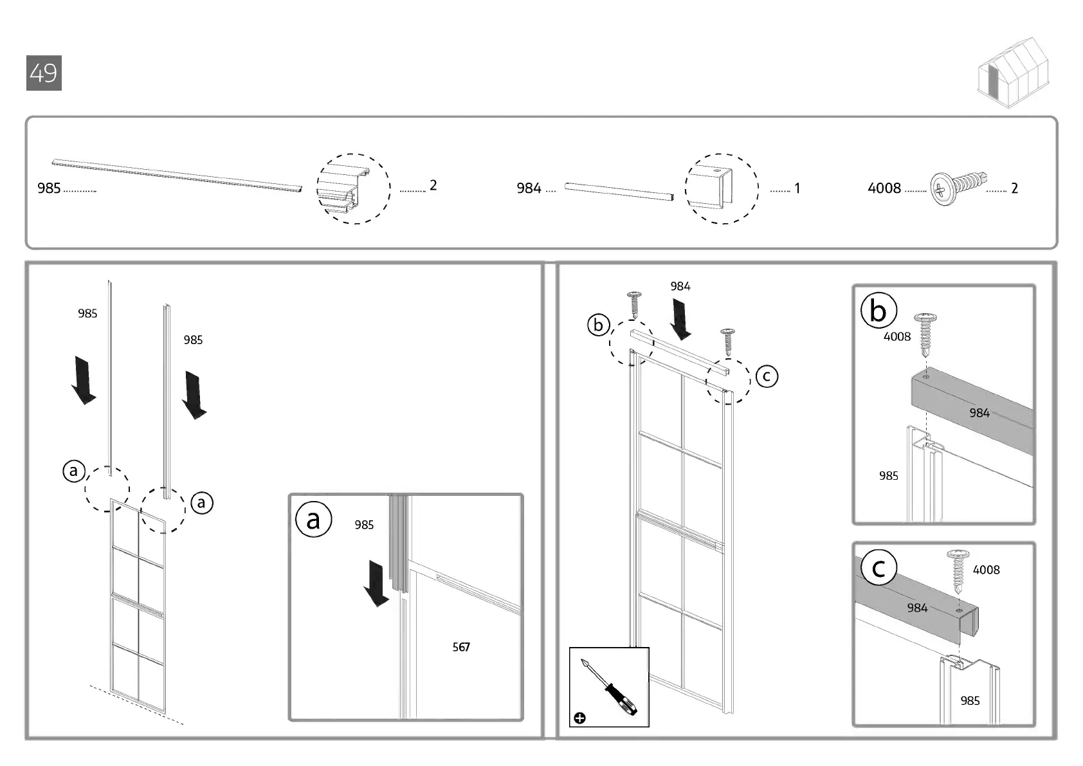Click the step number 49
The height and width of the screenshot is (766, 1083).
(x=44, y=73)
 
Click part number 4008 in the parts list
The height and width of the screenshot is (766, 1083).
(x=884, y=188)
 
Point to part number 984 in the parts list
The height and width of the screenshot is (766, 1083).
(x=529, y=188)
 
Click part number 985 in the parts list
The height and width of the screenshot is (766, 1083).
(x=49, y=188)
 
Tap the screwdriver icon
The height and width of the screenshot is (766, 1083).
(x=609, y=687)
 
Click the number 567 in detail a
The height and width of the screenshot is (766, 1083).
(x=461, y=647)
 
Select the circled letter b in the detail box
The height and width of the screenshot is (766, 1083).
(x=878, y=311)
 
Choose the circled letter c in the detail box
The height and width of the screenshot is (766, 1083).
(x=878, y=568)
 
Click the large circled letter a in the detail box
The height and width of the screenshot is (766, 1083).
(x=313, y=520)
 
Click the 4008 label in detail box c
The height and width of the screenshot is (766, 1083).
(x=986, y=570)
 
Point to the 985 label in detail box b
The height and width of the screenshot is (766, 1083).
(x=889, y=476)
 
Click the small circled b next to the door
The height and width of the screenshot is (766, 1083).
(x=598, y=325)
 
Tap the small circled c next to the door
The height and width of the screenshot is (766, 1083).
(x=766, y=376)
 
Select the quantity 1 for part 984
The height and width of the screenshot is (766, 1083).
(x=797, y=188)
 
